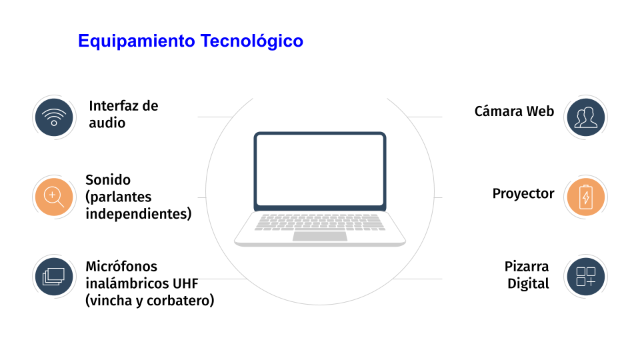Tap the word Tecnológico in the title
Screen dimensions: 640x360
pos(251,41)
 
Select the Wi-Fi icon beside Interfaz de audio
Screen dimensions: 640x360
pos(54,117)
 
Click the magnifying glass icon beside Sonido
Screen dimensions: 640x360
pos(54,197)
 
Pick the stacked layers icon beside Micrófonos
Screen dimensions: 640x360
pos(54,277)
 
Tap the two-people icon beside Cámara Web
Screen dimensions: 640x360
pos(586,117)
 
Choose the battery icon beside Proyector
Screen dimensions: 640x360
pos(586,197)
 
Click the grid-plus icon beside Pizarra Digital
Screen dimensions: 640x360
pos(586,277)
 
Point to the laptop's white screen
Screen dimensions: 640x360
pos(320,170)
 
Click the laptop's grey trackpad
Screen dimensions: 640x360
pos(320,236)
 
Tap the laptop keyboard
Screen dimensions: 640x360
pos(320,222)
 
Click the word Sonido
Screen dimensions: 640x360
pos(108,179)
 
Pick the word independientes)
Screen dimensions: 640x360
pos(139,213)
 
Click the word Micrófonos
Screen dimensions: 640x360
pos(121,266)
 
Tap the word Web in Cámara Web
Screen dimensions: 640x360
pos(540,111)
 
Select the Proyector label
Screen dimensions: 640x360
pos(523,193)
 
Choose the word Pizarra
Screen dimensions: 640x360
pos(527,266)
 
